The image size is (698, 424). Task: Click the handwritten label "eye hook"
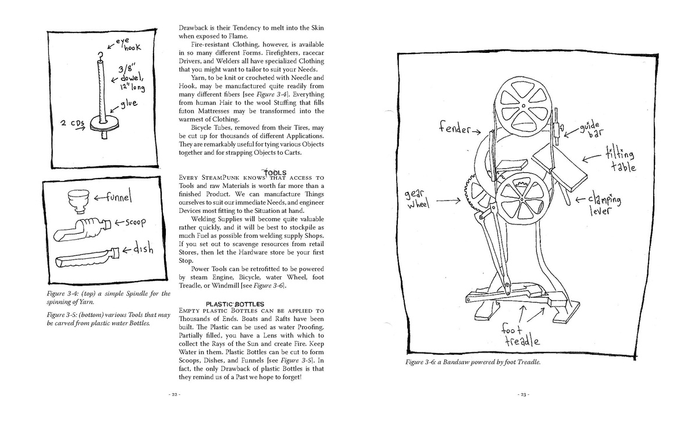click(x=129, y=44)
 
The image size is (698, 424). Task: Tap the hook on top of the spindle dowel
click(x=100, y=56)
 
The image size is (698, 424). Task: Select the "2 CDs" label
click(x=72, y=123)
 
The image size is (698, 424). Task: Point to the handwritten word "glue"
click(x=129, y=104)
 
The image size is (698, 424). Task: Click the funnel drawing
click(x=78, y=201)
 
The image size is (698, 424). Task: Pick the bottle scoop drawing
click(x=82, y=229)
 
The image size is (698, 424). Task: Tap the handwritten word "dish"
click(x=143, y=248)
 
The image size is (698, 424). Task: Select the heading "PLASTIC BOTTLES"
click(x=235, y=304)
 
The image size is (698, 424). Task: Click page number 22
click(x=174, y=394)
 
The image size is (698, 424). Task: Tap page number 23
click(x=523, y=395)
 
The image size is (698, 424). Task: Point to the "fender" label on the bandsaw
click(x=455, y=127)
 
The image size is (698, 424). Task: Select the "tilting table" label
click(x=621, y=159)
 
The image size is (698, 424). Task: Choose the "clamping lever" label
click(x=604, y=205)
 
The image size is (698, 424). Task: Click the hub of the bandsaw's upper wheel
click(x=523, y=106)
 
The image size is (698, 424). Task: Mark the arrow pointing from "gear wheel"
click(x=448, y=201)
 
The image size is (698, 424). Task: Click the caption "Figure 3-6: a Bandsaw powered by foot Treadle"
click(x=473, y=362)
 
